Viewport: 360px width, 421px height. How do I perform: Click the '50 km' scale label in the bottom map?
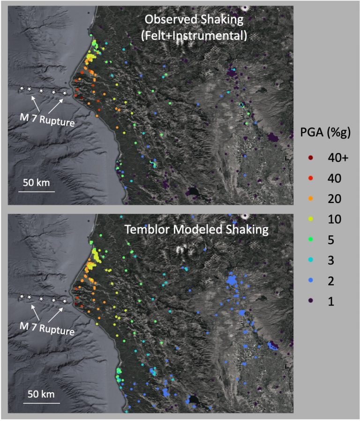point(42,393)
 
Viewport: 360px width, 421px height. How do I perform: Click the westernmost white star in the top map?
point(21,88)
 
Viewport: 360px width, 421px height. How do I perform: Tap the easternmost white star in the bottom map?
point(65,302)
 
